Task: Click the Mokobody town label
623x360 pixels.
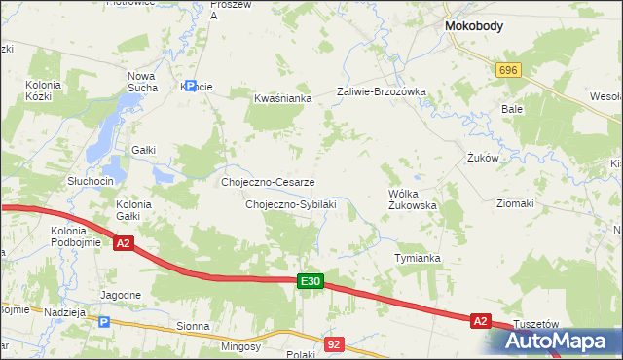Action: click(x=473, y=27)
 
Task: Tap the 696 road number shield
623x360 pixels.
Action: click(x=507, y=70)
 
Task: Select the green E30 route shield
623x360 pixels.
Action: click(x=310, y=281)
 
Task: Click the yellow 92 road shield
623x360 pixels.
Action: click(x=335, y=343)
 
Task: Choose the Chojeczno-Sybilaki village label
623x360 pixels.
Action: click(x=290, y=204)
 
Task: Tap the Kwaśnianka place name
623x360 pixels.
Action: click(x=281, y=98)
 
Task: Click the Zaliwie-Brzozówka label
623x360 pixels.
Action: click(x=382, y=91)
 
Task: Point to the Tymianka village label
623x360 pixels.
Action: click(x=418, y=258)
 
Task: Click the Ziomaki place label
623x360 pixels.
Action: click(x=515, y=203)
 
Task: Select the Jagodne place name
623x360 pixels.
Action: click(x=122, y=294)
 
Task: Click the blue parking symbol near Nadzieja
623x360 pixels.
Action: click(x=104, y=321)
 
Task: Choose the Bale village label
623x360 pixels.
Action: click(x=512, y=109)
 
